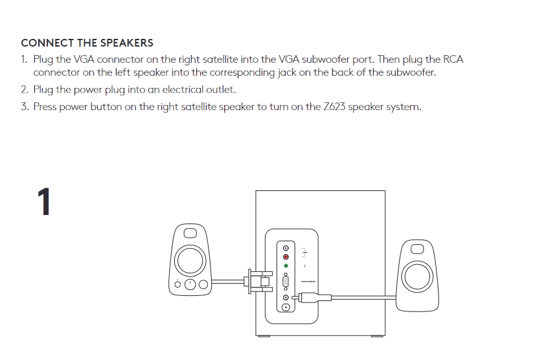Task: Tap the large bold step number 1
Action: [44, 203]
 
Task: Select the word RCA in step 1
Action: [452, 60]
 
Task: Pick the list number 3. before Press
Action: [25, 107]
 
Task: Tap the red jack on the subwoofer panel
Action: [286, 257]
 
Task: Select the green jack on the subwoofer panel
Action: [286, 266]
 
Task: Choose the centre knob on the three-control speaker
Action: [190, 284]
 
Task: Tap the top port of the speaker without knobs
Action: [415, 249]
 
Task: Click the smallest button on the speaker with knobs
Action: [177, 285]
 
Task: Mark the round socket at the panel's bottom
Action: [286, 306]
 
